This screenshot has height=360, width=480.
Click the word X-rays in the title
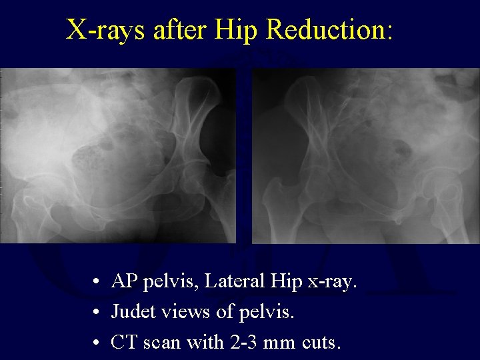pyautogui.click(x=106, y=29)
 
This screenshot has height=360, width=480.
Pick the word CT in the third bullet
pyautogui.click(x=122, y=343)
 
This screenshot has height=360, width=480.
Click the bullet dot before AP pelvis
pyautogui.click(x=97, y=283)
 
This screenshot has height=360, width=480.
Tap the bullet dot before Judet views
pyautogui.click(x=97, y=313)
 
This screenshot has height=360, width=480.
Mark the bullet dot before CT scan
pyautogui.click(x=97, y=344)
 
